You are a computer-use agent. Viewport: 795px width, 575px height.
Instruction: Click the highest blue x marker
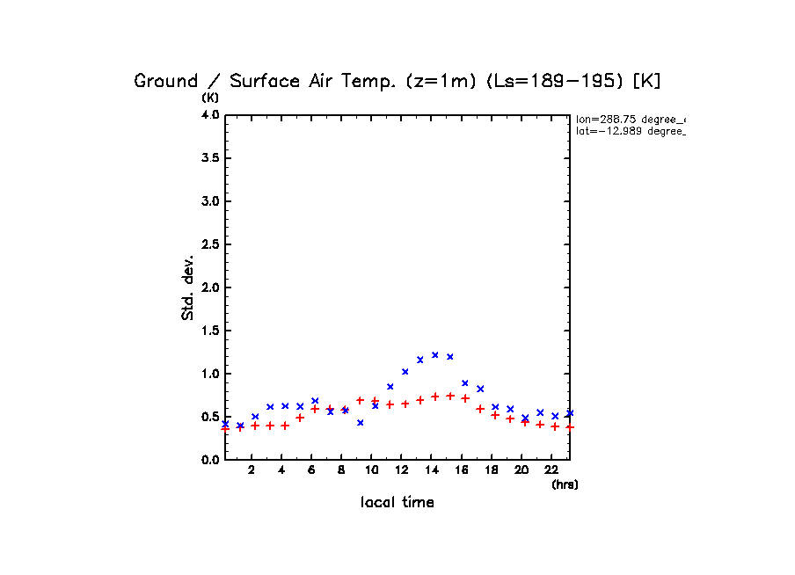435,355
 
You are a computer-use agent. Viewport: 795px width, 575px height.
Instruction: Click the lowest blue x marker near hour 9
361,423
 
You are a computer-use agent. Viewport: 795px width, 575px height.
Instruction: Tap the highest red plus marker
450,396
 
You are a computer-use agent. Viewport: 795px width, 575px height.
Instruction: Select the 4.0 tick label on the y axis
209,115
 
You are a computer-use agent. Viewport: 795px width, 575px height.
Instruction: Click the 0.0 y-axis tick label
209,460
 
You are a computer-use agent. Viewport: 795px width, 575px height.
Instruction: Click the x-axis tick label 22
551,470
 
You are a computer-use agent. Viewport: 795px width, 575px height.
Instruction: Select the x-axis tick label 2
252,470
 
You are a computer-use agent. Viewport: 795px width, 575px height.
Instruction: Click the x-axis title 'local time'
397,503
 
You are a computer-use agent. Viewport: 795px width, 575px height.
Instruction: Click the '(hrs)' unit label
565,484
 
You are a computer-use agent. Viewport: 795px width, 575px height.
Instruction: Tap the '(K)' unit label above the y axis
211,97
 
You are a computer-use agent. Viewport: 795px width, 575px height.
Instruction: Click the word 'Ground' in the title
166,81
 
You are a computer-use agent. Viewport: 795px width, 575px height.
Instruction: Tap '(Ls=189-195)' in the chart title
554,81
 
